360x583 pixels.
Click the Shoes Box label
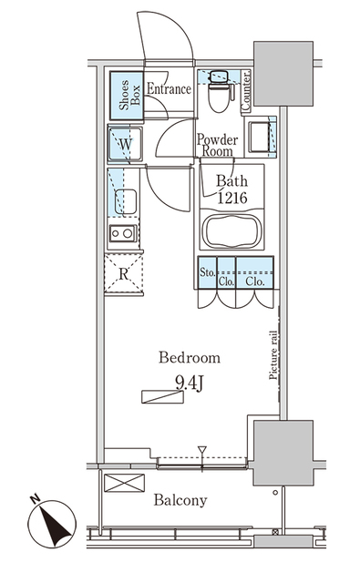click(129, 95)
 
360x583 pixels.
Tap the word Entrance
click(169, 89)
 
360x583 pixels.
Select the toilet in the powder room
click(219, 91)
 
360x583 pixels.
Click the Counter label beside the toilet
click(246, 90)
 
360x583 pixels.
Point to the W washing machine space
click(125, 144)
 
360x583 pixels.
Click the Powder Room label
click(217, 146)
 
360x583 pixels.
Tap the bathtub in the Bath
click(232, 231)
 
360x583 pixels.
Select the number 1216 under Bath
click(232, 198)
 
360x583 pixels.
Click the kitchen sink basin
click(126, 201)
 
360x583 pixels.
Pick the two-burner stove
click(123, 233)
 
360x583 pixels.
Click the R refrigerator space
click(124, 274)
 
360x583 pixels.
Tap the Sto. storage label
click(208, 272)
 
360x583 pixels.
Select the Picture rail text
click(273, 355)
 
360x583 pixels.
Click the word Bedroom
click(190, 358)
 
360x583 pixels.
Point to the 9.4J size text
click(189, 384)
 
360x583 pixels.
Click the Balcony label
click(180, 500)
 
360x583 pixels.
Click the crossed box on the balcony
click(124, 483)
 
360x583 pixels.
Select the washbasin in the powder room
click(261, 138)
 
